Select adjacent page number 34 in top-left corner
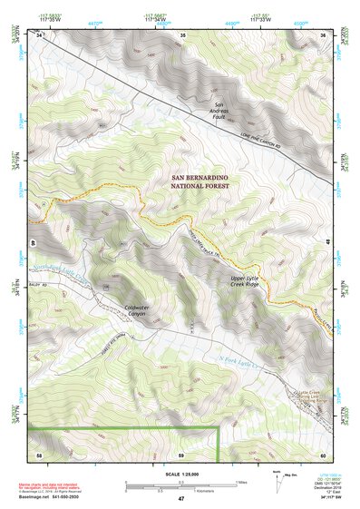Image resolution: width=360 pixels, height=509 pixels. (40, 35)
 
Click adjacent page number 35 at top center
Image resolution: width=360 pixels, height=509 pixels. (182, 35)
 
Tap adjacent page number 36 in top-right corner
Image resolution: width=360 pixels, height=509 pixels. (324, 35)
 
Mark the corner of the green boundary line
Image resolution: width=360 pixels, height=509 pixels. (219, 426)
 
